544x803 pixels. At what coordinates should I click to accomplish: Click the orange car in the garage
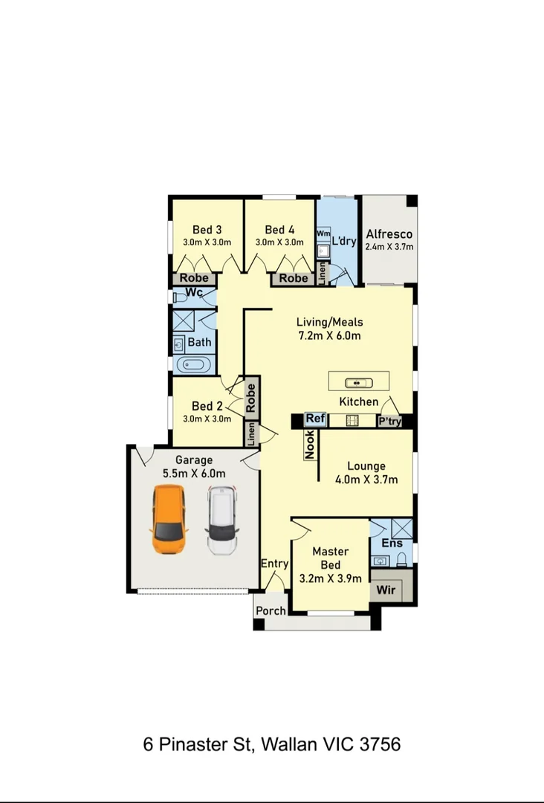click(169, 520)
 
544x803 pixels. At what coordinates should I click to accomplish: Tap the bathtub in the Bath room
click(193, 364)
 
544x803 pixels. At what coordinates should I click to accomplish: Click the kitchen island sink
click(357, 383)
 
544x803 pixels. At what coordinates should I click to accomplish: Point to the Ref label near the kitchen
click(316, 419)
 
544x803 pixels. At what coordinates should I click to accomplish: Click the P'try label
click(390, 421)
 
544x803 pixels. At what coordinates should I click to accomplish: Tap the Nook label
click(310, 445)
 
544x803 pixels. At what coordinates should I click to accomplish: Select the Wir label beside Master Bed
click(386, 591)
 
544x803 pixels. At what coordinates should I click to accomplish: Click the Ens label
click(392, 544)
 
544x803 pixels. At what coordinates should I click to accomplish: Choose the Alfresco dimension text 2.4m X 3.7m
click(389, 248)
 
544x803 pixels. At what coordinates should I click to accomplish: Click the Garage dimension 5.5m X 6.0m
click(194, 473)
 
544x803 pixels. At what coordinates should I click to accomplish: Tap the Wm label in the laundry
click(323, 233)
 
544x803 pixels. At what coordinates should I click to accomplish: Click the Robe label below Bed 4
click(294, 278)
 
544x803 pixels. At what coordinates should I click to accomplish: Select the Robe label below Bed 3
click(195, 278)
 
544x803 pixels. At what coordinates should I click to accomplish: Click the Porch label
click(271, 611)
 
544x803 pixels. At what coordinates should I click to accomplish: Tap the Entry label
click(274, 564)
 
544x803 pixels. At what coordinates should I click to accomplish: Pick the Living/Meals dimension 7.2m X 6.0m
click(329, 335)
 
